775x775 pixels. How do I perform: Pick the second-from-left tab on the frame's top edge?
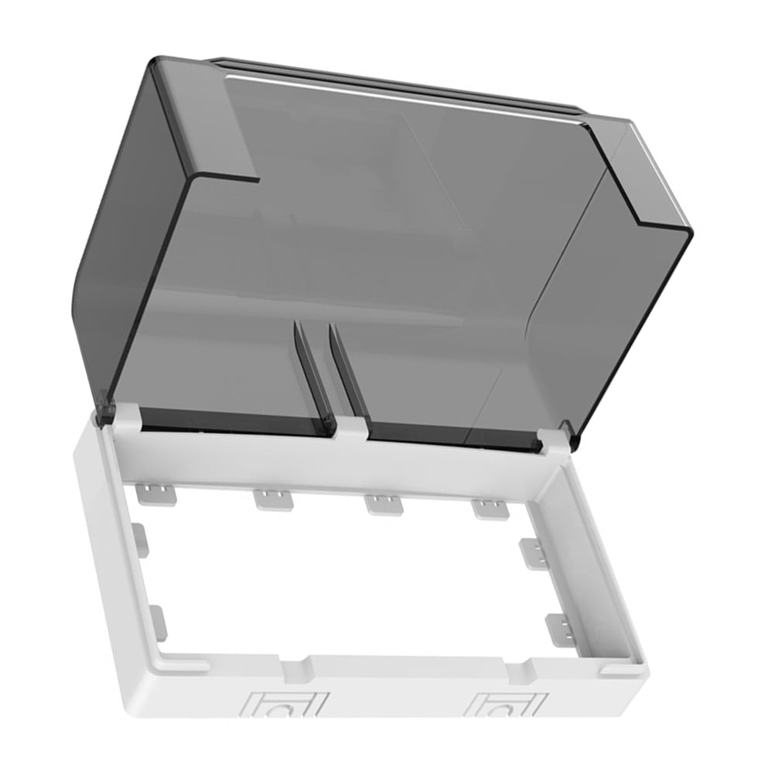[274, 500]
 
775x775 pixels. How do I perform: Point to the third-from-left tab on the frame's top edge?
[382, 504]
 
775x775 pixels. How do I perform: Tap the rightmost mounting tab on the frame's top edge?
[490, 509]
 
